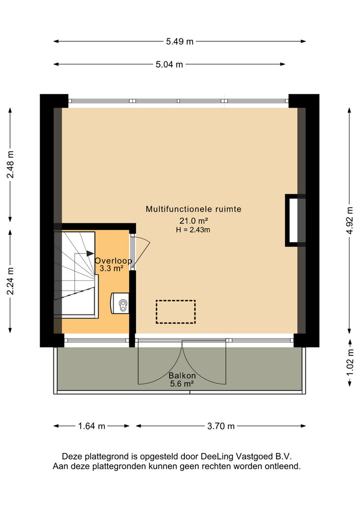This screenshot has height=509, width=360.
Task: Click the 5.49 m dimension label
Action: tap(180, 42)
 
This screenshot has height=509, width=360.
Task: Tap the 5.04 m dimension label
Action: tap(169, 65)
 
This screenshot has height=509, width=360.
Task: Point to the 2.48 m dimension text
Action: tap(11, 164)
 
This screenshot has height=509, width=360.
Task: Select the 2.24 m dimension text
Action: tap(11, 281)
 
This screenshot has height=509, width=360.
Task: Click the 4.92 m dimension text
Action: tap(350, 220)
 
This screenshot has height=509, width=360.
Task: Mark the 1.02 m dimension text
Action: tap(350, 362)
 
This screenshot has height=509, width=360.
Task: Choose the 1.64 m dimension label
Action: tap(92, 426)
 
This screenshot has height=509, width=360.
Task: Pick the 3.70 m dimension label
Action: tap(221, 426)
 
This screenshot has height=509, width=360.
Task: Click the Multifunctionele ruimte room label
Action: tap(193, 209)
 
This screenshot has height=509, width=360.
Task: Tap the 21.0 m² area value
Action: tap(193, 221)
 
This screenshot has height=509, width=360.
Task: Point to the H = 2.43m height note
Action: tap(193, 230)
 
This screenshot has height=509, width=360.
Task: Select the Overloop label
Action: tap(113, 261)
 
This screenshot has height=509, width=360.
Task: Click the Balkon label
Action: tap(182, 376)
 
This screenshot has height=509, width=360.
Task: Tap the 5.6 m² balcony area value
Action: tap(182, 384)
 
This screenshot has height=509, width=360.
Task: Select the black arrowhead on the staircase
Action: tap(90, 253)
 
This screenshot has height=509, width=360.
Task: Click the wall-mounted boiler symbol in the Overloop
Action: tap(120, 303)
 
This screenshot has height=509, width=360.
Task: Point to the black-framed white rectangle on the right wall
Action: tap(295, 220)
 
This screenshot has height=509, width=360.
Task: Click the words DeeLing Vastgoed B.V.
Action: tap(246, 457)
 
